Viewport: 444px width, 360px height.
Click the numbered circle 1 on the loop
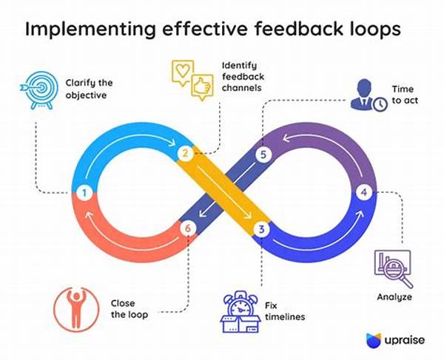click(x=84, y=194)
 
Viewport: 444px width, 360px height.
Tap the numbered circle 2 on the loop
click(x=185, y=154)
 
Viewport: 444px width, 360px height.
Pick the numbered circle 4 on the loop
click(x=363, y=193)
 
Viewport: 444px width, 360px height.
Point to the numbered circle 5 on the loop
click(x=260, y=154)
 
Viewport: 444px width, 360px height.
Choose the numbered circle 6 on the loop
click(x=187, y=229)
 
